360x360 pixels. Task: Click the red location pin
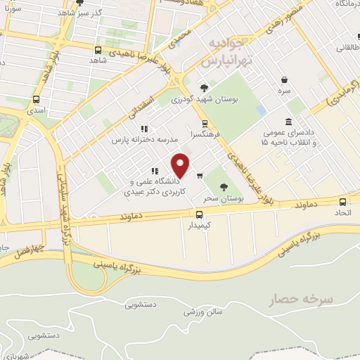tap(181, 166)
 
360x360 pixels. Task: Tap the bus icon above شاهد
tap(97, 50)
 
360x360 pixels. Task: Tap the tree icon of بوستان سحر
tap(223, 186)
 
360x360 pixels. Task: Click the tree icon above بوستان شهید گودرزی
tap(204, 88)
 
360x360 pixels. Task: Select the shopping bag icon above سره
tap(284, 80)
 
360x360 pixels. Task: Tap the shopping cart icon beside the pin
tap(200, 176)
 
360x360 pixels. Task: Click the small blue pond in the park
tap(262, 110)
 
